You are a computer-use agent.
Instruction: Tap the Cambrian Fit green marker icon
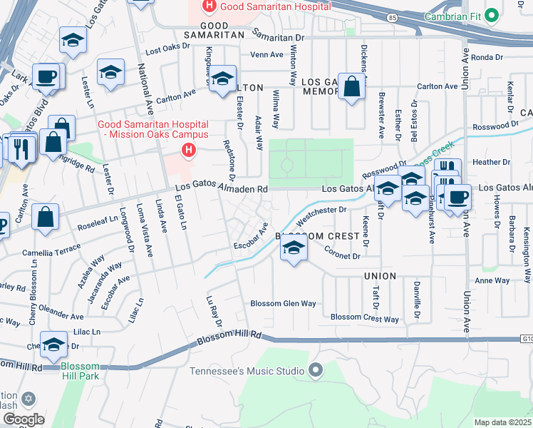pyautogui.click(x=492, y=15)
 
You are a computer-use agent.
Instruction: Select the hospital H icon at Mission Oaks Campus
pyautogui.click(x=188, y=150)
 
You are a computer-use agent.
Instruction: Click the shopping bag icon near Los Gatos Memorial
pyautogui.click(x=351, y=87)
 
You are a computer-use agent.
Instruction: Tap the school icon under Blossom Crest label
pyautogui.click(x=292, y=249)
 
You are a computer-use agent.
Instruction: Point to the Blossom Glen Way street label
pyautogui.click(x=283, y=303)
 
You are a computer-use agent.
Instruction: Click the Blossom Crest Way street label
pyautogui.click(x=364, y=318)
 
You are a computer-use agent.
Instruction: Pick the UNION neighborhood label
pyautogui.click(x=379, y=275)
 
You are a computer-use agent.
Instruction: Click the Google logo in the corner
pyautogui.click(x=24, y=419)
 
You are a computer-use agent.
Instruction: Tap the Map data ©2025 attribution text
pyautogui.click(x=503, y=422)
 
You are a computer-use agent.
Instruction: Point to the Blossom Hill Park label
pyautogui.click(x=80, y=372)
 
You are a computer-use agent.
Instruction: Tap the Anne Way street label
pyautogui.click(x=492, y=280)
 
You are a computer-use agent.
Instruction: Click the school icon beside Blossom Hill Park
pyautogui.click(x=54, y=345)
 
